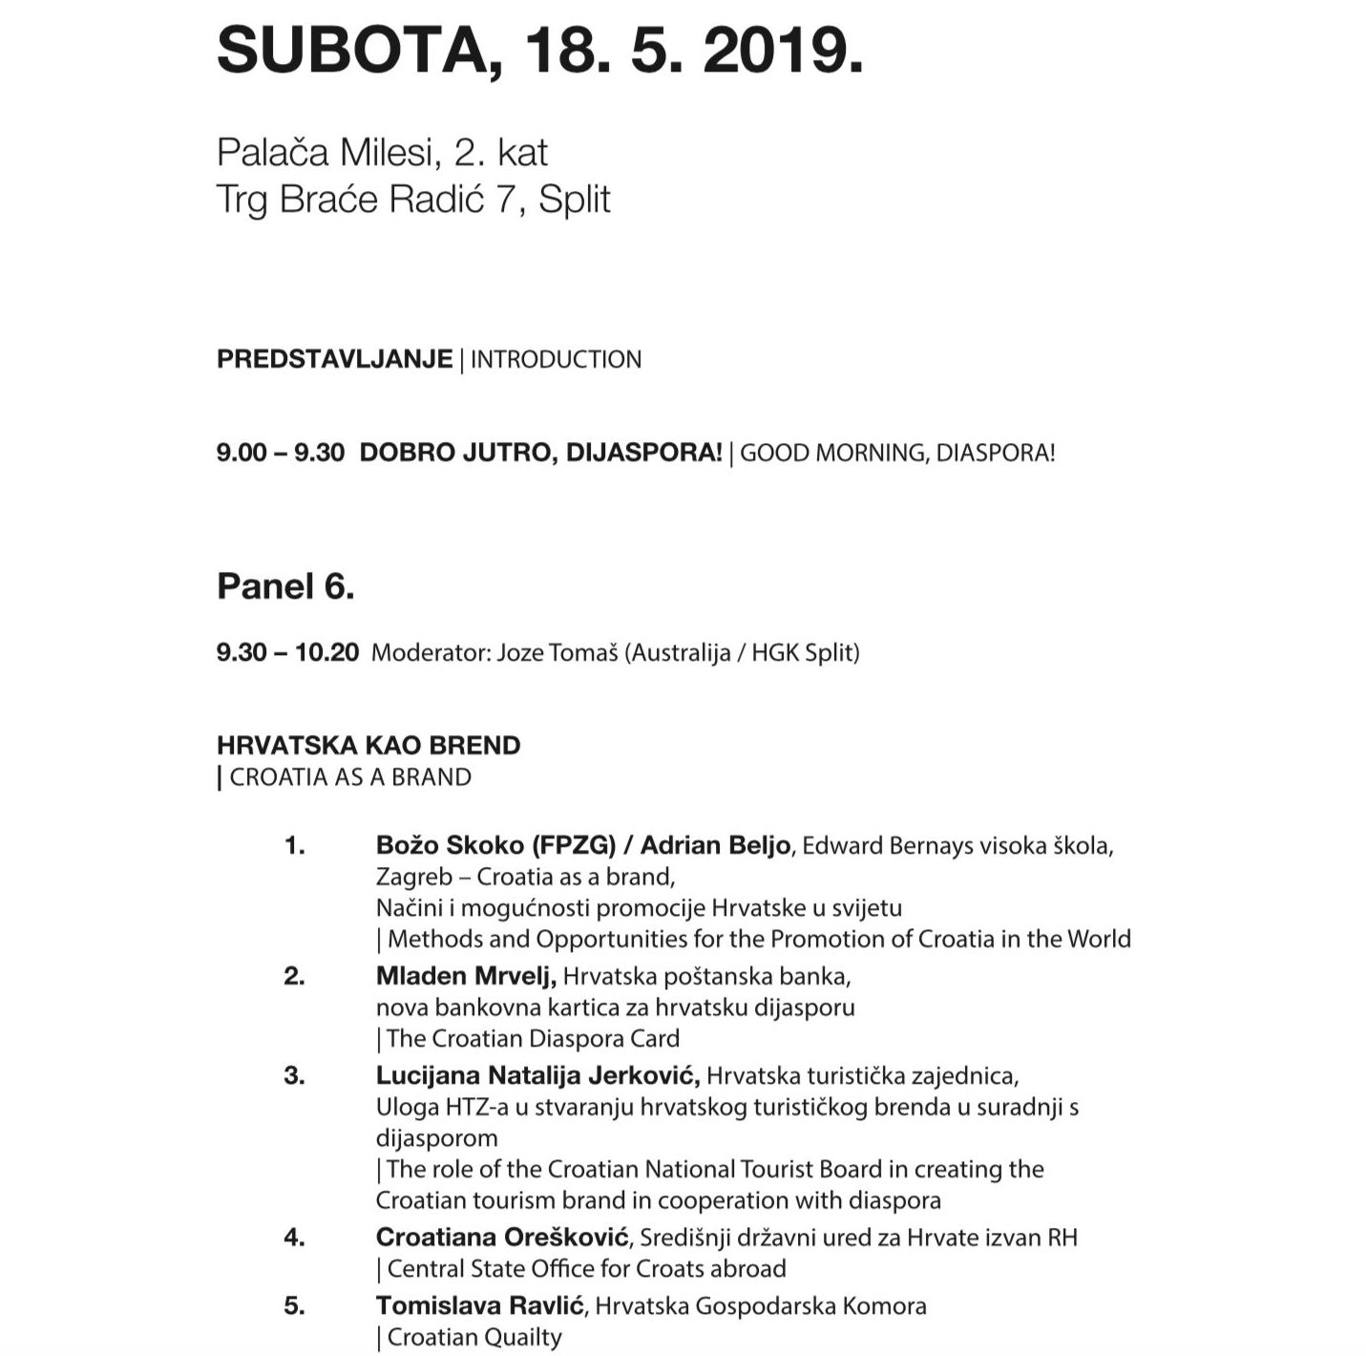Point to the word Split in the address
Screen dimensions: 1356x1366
574,200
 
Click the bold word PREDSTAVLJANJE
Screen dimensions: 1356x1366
334,359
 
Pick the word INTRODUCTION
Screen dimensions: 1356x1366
556,360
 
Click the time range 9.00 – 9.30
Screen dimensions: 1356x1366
280,453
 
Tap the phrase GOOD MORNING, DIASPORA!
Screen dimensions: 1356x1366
897,453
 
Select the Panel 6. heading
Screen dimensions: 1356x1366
285,585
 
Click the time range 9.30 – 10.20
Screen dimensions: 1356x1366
287,653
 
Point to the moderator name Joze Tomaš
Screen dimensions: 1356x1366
557,653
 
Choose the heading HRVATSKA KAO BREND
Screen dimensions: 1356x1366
368,745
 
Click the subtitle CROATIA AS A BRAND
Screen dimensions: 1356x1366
350,777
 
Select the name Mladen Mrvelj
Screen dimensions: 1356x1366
465,976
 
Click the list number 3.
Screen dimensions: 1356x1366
294,1075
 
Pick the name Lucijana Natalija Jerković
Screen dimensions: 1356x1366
537,1075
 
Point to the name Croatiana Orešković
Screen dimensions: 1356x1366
502,1238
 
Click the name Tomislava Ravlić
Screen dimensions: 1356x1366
480,1305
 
